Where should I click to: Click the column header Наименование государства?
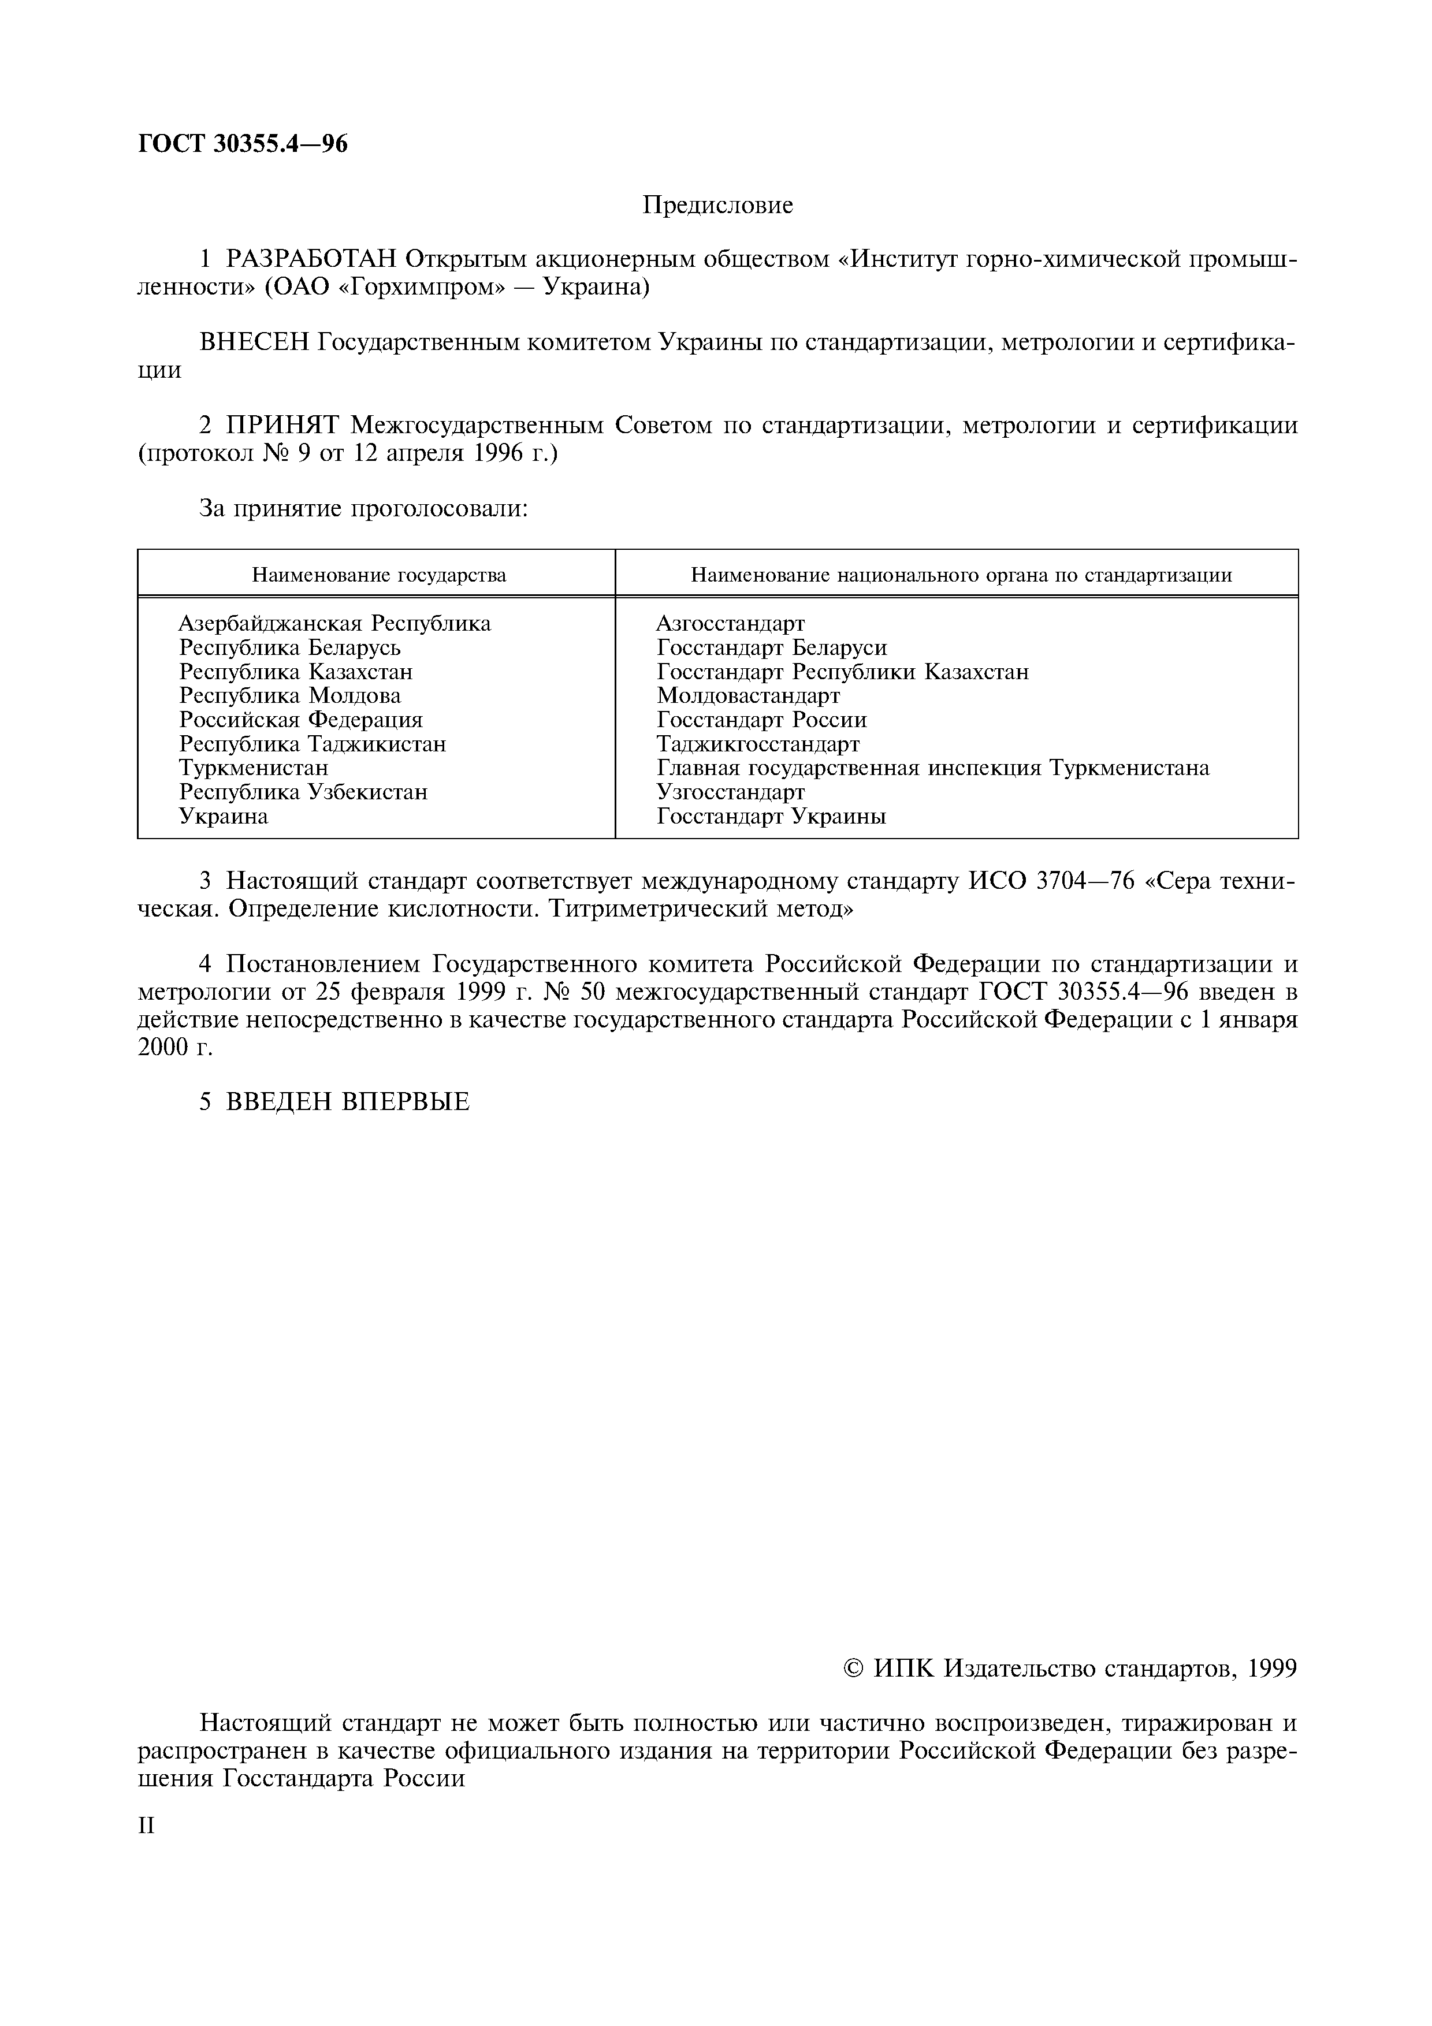[x=378, y=575]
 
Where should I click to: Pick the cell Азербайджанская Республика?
[x=334, y=624]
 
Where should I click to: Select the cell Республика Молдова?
[x=289, y=696]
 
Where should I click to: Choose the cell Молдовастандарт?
[x=747, y=696]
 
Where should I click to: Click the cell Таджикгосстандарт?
[x=757, y=744]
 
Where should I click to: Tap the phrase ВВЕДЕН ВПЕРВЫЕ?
[x=348, y=1102]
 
